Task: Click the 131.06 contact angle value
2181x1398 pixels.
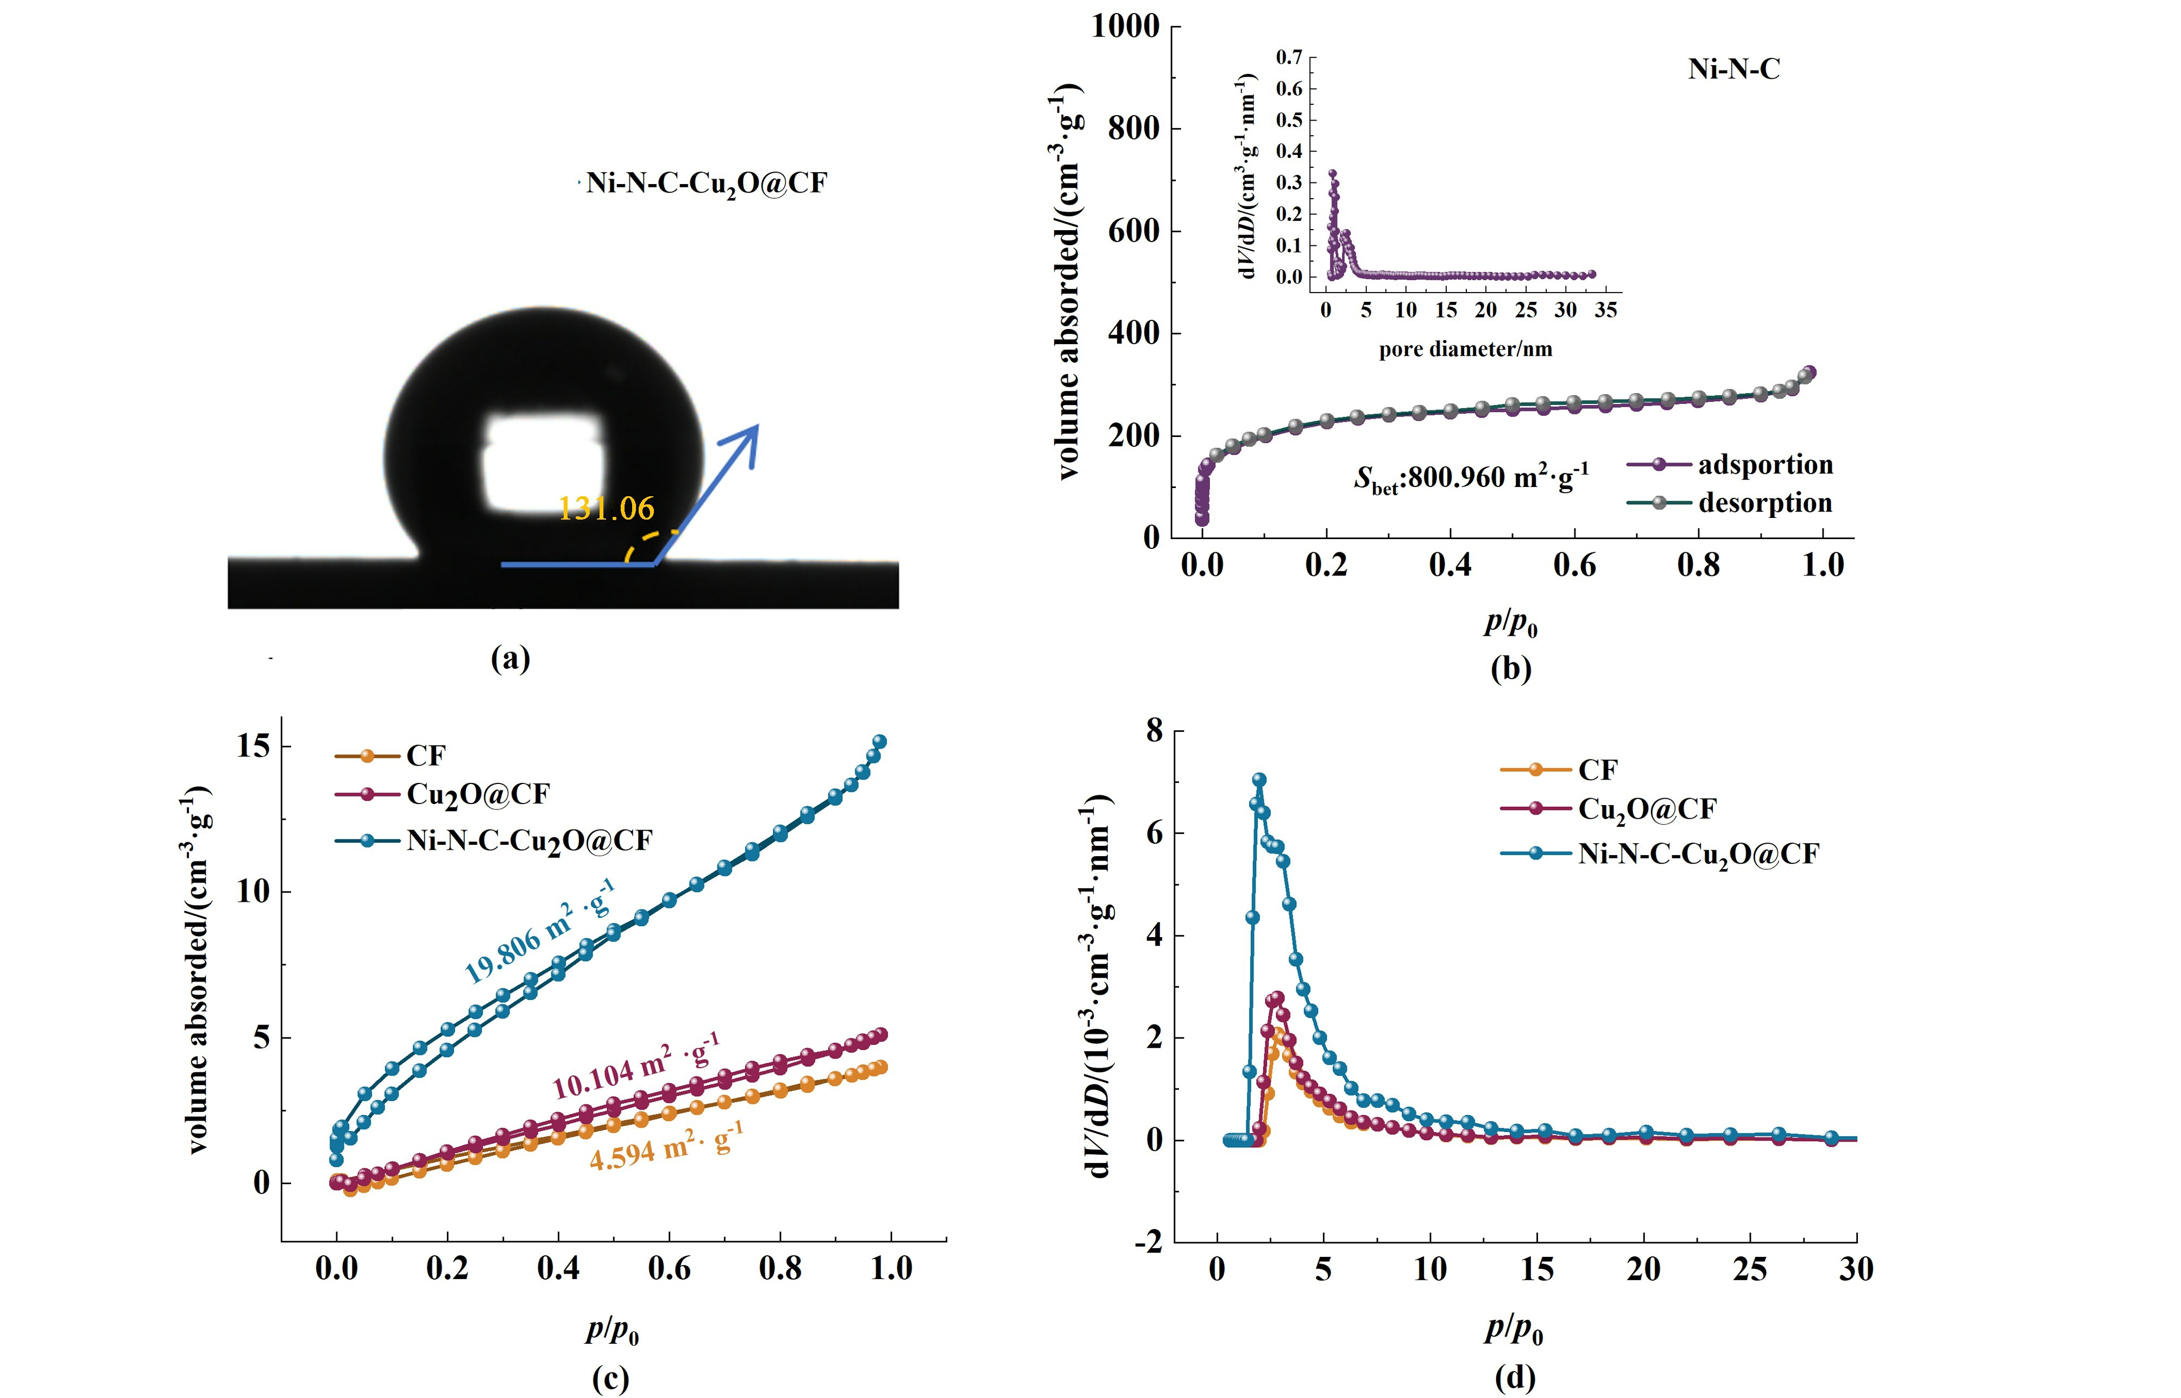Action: (x=606, y=508)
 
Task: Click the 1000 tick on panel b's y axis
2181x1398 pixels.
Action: (x=1125, y=26)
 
